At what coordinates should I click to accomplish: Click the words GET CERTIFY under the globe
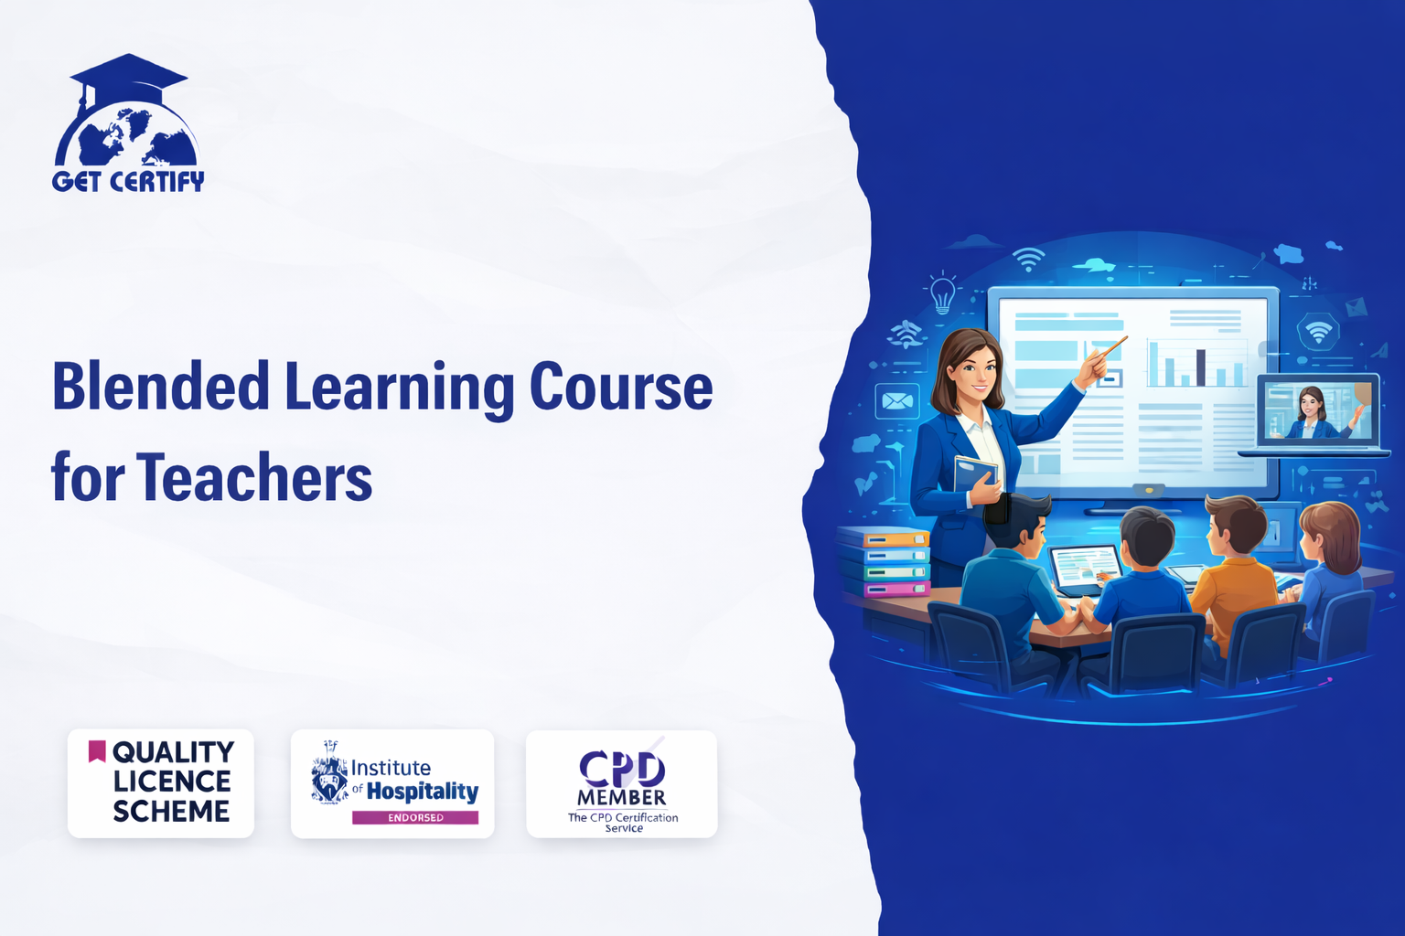pos(128,181)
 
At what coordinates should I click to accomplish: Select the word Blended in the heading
pos(161,387)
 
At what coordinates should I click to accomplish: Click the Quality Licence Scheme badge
pos(161,782)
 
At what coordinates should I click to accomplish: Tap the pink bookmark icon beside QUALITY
pos(97,750)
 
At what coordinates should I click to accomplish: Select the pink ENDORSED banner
pos(414,817)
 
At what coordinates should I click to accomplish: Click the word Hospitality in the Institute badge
pos(422,792)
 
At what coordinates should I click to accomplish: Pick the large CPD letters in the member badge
pos(621,768)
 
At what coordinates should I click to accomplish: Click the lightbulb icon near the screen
pos(942,293)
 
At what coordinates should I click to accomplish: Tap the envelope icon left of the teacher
pos(896,401)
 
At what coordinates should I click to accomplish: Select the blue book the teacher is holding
pos(975,474)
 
